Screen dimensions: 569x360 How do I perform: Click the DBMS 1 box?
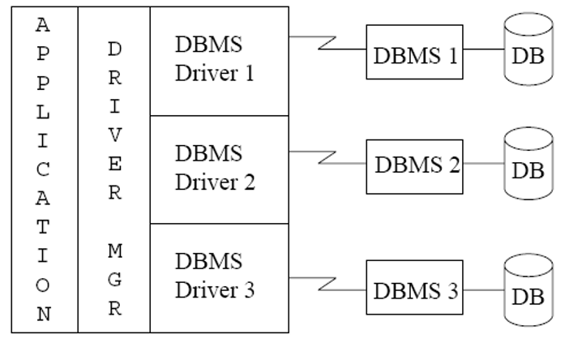pos(414,52)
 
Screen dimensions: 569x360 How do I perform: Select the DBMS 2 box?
pos(414,166)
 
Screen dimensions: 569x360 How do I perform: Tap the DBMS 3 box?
pos(414,287)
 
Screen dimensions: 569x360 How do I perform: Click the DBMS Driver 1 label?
pos(215,58)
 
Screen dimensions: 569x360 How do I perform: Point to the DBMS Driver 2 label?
pos(215,167)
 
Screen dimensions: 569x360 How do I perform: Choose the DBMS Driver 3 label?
pos(215,276)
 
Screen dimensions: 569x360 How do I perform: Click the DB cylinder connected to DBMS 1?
pos(528,49)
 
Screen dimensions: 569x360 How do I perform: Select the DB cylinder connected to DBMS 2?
pos(528,163)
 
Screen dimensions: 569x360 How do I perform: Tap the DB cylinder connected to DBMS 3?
pos(528,290)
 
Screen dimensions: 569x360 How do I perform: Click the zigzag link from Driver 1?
pos(327,43)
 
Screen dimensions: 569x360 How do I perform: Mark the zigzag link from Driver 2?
pos(327,157)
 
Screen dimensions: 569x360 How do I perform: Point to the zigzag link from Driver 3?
pos(327,284)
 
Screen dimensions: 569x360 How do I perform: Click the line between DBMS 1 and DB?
pos(484,49)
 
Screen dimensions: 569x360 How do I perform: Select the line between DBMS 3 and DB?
pos(484,290)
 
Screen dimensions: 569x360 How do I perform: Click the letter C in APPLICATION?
pos(43,169)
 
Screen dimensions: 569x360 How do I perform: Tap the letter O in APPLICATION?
pos(43,285)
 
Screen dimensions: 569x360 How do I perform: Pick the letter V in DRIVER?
pos(115,135)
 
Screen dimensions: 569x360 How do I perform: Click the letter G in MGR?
pos(115,280)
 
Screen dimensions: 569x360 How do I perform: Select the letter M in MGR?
pos(115,251)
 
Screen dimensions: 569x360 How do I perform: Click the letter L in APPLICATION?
pos(43,112)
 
